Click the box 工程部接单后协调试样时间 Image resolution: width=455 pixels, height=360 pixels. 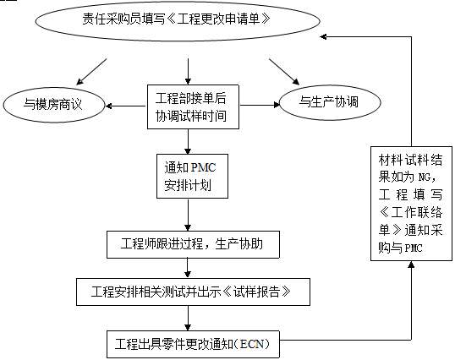189,105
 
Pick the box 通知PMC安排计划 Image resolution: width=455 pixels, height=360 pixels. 189,175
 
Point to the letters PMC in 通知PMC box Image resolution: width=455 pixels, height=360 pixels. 205,165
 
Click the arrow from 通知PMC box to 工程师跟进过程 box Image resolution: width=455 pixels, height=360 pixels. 189,213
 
